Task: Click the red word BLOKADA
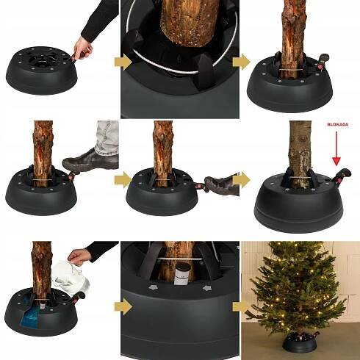tap(338, 124)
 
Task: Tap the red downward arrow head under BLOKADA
tap(336, 161)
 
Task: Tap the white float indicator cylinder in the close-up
tap(182, 274)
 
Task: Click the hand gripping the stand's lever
tap(83, 50)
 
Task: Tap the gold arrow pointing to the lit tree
tap(240, 306)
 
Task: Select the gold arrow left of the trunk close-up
tap(123, 62)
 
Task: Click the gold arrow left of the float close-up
tap(123, 306)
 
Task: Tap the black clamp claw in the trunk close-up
tap(205, 73)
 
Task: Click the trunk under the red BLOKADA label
tap(300, 152)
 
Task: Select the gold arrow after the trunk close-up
tap(241, 62)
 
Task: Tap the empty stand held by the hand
tap(42, 71)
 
